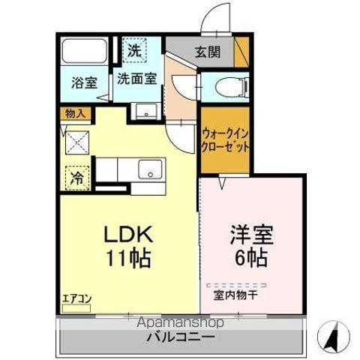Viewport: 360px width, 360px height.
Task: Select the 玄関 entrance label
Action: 208,52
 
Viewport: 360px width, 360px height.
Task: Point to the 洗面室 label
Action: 136,77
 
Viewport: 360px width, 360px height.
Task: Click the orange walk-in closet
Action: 224,140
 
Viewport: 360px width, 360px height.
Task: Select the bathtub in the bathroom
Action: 84,52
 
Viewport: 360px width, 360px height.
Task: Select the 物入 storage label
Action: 76,114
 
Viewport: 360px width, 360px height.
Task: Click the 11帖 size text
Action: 129,259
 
